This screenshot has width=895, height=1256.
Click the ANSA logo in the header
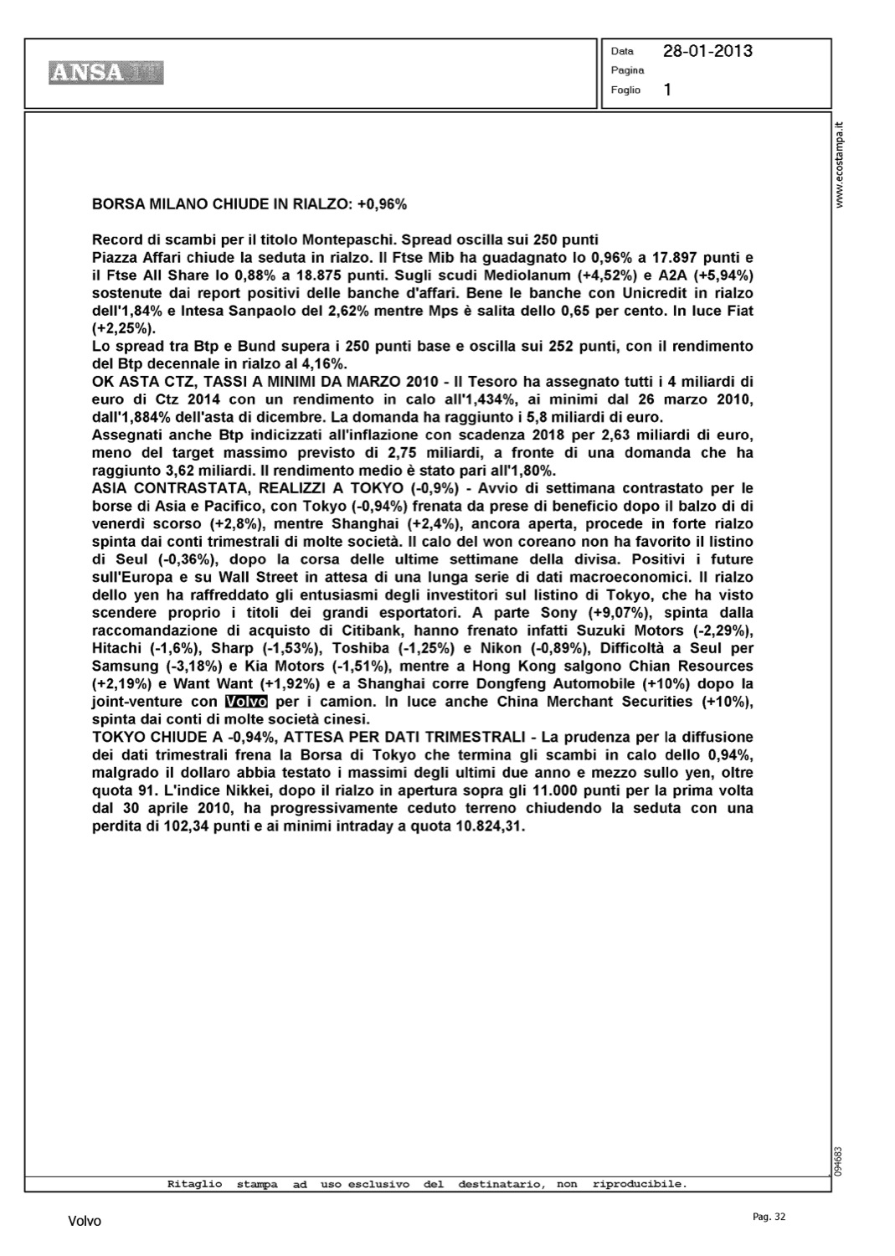click(x=105, y=73)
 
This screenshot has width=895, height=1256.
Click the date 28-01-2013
click(x=707, y=51)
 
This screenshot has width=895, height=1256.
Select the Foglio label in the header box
click(x=625, y=90)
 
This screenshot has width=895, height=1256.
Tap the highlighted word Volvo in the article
click(x=246, y=702)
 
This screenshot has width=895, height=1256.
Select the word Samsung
click(x=125, y=666)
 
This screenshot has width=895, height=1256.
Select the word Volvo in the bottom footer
click(x=85, y=1222)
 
